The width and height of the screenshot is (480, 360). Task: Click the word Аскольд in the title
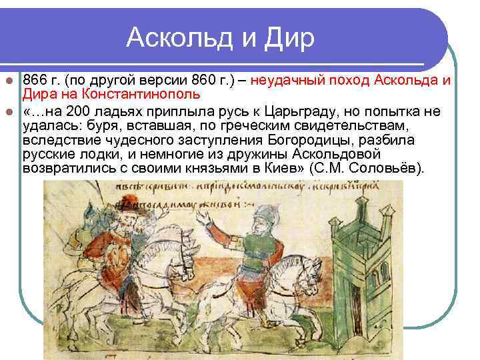click(175, 38)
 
